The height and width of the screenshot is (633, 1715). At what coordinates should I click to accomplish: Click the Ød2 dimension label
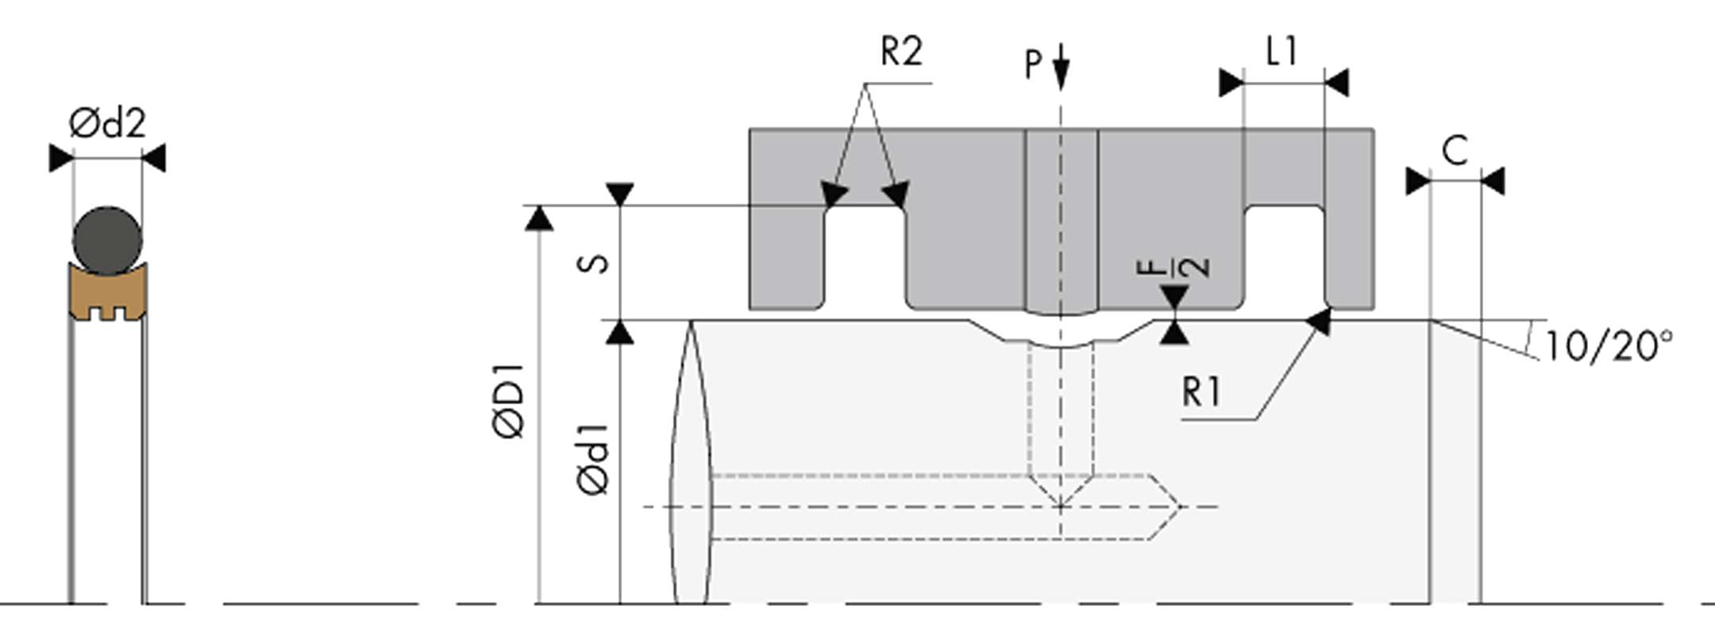(x=107, y=123)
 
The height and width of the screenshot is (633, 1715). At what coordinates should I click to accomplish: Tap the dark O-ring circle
(x=108, y=241)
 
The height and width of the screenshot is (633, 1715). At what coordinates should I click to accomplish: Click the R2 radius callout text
(x=902, y=52)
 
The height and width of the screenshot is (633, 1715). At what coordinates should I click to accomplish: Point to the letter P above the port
(x=1033, y=64)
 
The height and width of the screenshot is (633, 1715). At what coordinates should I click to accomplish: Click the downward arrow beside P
(x=1061, y=68)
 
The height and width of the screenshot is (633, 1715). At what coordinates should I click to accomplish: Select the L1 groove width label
(x=1281, y=52)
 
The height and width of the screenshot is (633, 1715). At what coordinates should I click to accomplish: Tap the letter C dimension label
(x=1455, y=150)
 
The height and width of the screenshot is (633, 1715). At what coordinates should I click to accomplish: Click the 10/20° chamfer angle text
(x=1609, y=346)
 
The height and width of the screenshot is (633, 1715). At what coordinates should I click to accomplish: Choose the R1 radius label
(x=1201, y=392)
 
